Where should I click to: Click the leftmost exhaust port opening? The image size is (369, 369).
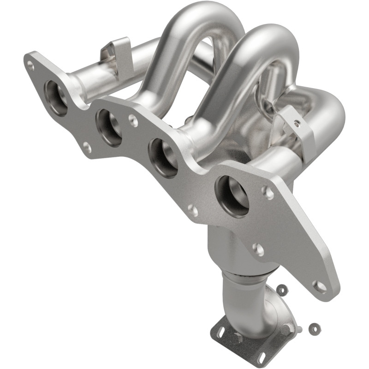pos(56,97)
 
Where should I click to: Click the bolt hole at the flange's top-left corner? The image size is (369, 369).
pos(30,65)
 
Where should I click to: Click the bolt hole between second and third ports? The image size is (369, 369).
pos(133,121)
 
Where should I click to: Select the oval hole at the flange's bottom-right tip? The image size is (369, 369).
pos(319,286)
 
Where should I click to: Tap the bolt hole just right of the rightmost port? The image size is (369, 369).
pos(268,193)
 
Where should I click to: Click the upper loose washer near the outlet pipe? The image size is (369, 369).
pos(281,289)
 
